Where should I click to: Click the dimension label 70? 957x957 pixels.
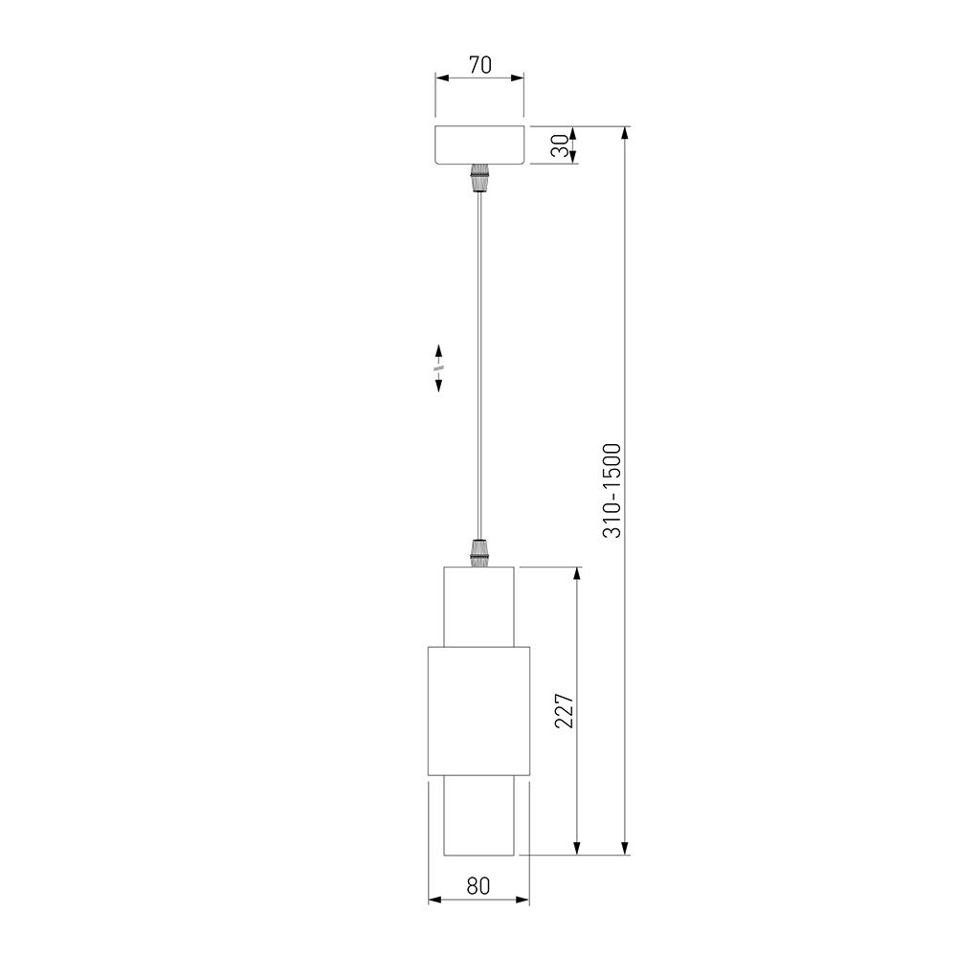coord(480,65)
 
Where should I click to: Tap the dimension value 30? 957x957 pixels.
coord(560,145)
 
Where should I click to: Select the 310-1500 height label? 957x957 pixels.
coord(612,491)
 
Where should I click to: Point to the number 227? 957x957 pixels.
coord(564,710)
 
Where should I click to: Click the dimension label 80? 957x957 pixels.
coord(478,886)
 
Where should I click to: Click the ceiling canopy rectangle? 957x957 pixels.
coord(479,145)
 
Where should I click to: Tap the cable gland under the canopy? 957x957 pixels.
coord(479,178)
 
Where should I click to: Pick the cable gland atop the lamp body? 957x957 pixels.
coord(479,553)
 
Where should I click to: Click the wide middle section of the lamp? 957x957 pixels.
coord(478,710)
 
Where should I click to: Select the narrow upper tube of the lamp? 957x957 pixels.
coord(478,606)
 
